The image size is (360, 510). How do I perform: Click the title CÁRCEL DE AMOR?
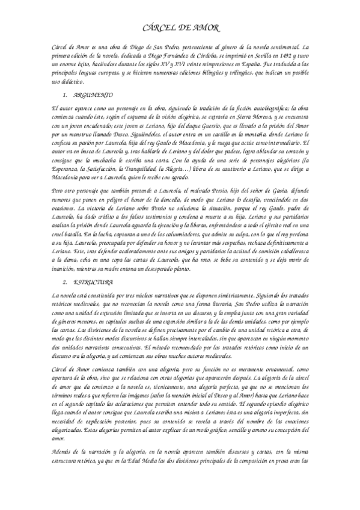[x=180, y=27]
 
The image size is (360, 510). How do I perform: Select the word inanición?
[x=66, y=266]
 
